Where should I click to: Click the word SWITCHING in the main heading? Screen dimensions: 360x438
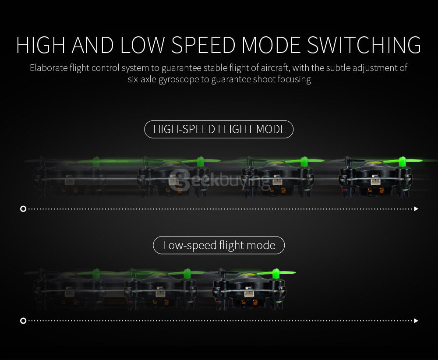(x=364, y=46)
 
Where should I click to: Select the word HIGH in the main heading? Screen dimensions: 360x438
(x=40, y=46)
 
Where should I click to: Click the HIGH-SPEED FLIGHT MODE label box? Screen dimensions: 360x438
(x=219, y=129)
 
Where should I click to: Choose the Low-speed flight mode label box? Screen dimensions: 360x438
(x=219, y=245)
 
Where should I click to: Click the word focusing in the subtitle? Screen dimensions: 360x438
(x=293, y=80)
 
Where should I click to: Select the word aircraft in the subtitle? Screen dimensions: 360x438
(x=274, y=68)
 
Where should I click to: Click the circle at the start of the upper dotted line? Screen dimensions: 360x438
(x=23, y=209)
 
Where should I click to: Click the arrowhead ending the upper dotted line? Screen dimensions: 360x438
(x=416, y=209)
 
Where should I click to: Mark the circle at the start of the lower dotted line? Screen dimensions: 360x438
(x=23, y=321)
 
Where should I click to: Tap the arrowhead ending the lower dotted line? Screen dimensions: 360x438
(x=416, y=321)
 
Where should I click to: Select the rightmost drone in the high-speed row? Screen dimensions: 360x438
(x=375, y=177)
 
